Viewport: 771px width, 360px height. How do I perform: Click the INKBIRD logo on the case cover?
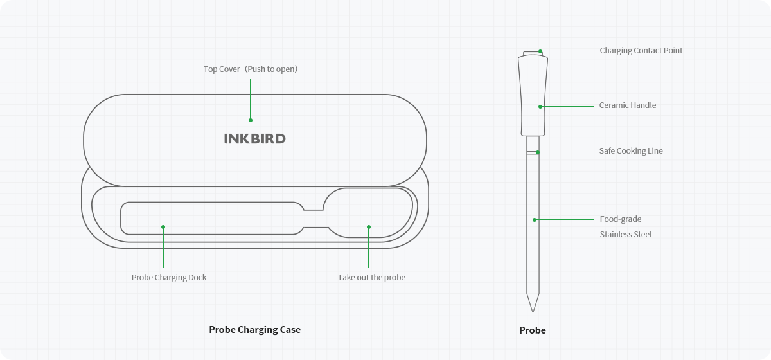(254, 139)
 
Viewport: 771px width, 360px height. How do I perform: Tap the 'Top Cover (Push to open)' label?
(251, 69)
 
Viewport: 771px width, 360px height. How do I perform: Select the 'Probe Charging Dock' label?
(169, 278)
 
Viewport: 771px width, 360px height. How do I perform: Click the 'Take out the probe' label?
(371, 278)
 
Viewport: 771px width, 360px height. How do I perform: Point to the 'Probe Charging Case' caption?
(254, 330)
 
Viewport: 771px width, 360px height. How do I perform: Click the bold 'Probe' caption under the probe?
(532, 330)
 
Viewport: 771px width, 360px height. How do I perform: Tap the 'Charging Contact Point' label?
(641, 51)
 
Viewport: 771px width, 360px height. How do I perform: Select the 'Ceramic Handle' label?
(627, 105)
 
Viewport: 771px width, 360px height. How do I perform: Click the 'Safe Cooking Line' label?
(630, 151)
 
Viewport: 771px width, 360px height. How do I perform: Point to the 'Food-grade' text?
(620, 219)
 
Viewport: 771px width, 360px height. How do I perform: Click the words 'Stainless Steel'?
(625, 235)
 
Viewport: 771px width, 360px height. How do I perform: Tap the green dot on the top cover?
(251, 120)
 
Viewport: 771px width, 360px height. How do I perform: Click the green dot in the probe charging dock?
(163, 227)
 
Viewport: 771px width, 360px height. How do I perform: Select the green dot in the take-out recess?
(369, 226)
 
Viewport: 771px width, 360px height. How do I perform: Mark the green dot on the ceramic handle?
(540, 106)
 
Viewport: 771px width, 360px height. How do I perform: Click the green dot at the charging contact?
(540, 51)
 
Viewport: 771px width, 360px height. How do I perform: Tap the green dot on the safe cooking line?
(537, 152)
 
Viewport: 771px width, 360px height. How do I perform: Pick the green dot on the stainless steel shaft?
(535, 220)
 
